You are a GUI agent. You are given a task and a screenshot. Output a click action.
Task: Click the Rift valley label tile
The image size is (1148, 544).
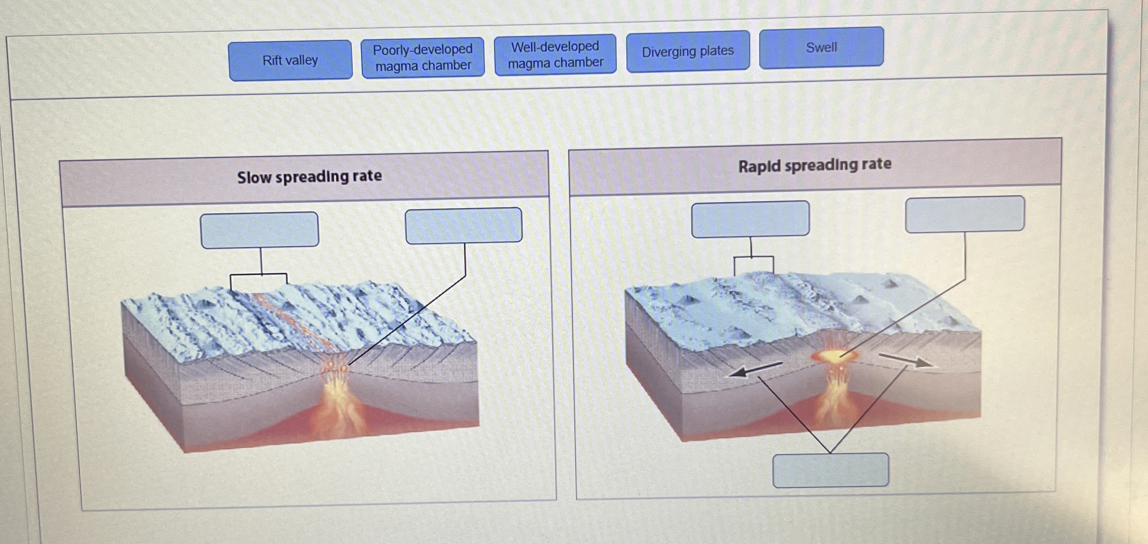[290, 60]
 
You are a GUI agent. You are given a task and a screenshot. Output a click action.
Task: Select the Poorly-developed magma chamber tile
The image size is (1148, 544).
[423, 58]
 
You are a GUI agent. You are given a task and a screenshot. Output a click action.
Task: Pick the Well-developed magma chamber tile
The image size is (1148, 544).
[555, 55]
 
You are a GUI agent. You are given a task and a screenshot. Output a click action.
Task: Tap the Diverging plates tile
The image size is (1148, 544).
[688, 51]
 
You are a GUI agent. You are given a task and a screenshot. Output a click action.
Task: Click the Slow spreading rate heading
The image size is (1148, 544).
[310, 177]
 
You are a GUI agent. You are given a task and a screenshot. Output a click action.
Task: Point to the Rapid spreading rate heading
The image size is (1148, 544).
[814, 165]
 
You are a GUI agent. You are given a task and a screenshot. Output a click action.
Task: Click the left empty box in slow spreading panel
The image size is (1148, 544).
[259, 230]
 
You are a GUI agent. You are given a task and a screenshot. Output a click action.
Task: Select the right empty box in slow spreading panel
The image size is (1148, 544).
[464, 226]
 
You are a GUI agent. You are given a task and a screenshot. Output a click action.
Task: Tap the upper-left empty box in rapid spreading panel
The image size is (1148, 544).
[750, 218]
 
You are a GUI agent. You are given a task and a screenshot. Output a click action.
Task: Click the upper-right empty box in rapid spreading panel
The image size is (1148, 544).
[965, 214]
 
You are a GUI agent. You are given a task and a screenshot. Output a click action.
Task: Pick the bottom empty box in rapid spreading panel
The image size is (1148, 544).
[831, 470]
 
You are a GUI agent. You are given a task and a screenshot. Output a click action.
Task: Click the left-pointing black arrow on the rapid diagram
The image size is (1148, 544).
[754, 370]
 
